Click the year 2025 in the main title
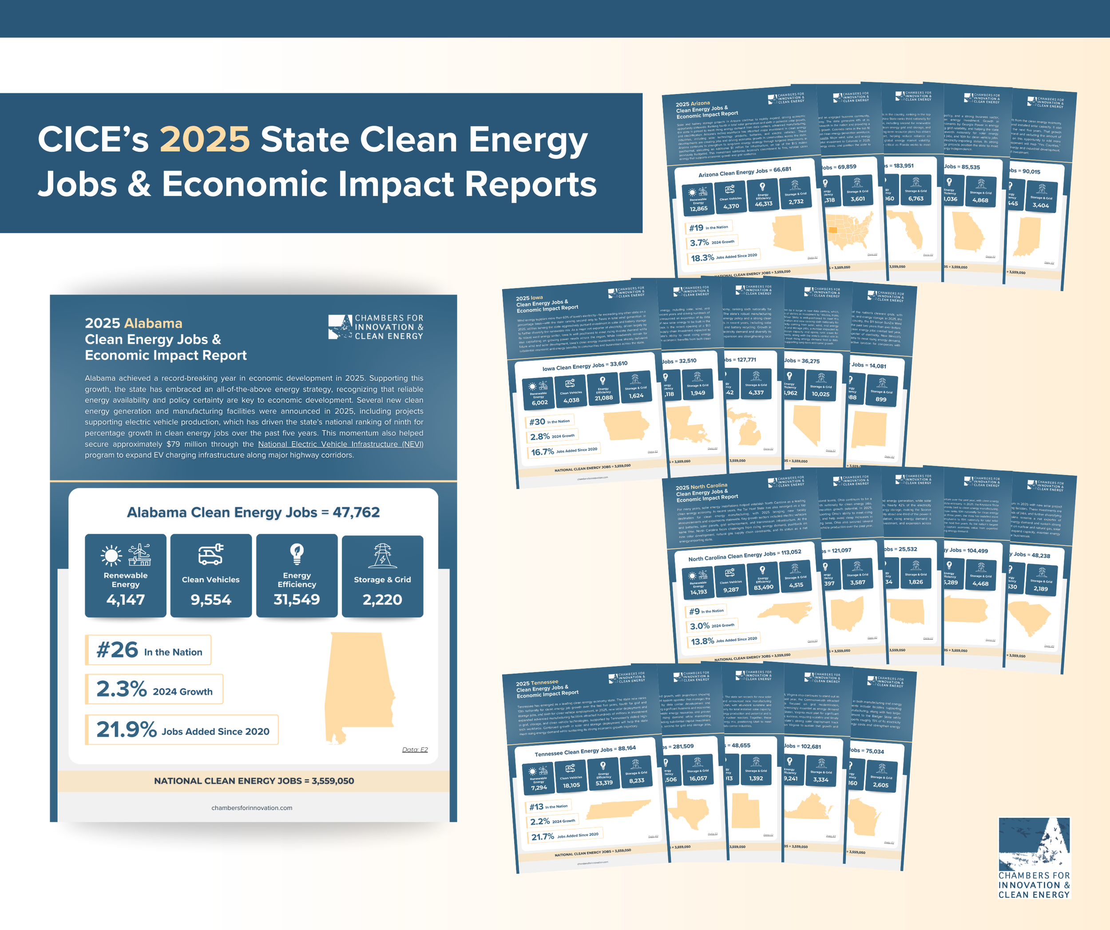[x=205, y=139]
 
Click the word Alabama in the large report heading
[x=153, y=323]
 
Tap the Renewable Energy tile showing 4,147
[x=125, y=575]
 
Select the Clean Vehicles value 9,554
[x=211, y=600]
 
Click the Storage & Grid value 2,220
[x=382, y=600]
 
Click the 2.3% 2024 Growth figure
[x=154, y=689]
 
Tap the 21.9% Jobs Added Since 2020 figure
[x=182, y=730]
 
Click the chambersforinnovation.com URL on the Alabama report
[x=252, y=808]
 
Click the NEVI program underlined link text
[x=341, y=444]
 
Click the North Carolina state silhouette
[x=782, y=610]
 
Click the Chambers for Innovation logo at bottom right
[x=1034, y=858]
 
